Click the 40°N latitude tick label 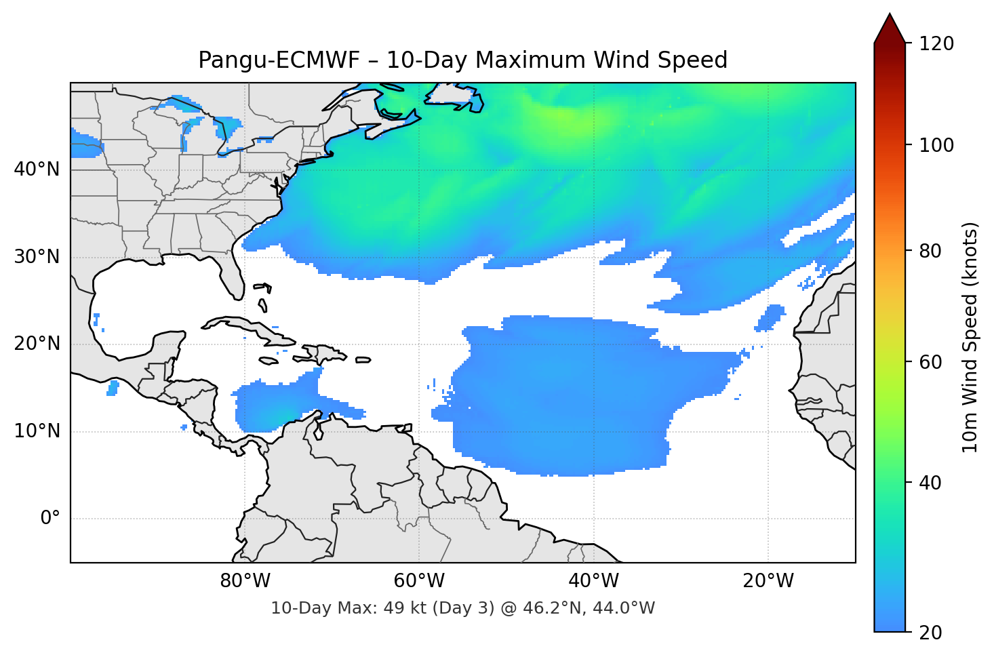tap(37, 169)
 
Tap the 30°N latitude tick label tap(37, 257)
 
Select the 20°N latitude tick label tap(37, 344)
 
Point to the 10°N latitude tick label tap(37, 431)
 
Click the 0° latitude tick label tap(50, 519)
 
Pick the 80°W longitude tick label tap(245, 581)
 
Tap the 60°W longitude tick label tap(419, 581)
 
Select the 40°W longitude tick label tap(593, 581)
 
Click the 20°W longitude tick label tap(768, 581)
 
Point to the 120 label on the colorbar tap(936, 43)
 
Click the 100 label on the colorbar tap(936, 145)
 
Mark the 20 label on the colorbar tap(931, 633)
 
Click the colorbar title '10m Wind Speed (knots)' tap(970, 337)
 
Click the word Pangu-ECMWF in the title tap(279, 60)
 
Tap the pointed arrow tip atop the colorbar tap(890, 16)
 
